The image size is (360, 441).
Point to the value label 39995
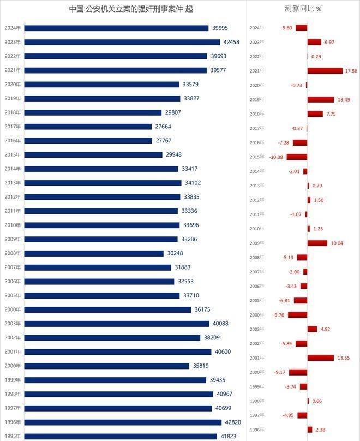tap(220, 28)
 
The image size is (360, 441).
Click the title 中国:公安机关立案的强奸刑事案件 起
tap(131, 9)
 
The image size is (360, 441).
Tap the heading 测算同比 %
tap(303, 9)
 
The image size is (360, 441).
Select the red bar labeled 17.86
tap(325, 71)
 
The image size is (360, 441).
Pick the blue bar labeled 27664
tap(88, 127)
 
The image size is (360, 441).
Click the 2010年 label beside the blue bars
tap(12, 225)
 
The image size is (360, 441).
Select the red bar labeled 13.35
tap(320, 358)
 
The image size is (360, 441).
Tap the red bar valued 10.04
tap(317, 243)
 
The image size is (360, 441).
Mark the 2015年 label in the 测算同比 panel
tap(257, 157)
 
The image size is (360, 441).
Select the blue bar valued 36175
tap(107, 309)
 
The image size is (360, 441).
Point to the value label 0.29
tap(316, 57)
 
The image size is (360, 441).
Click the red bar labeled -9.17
tap(298, 372)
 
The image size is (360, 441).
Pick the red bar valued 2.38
tap(309, 430)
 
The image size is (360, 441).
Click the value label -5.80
tap(286, 28)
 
